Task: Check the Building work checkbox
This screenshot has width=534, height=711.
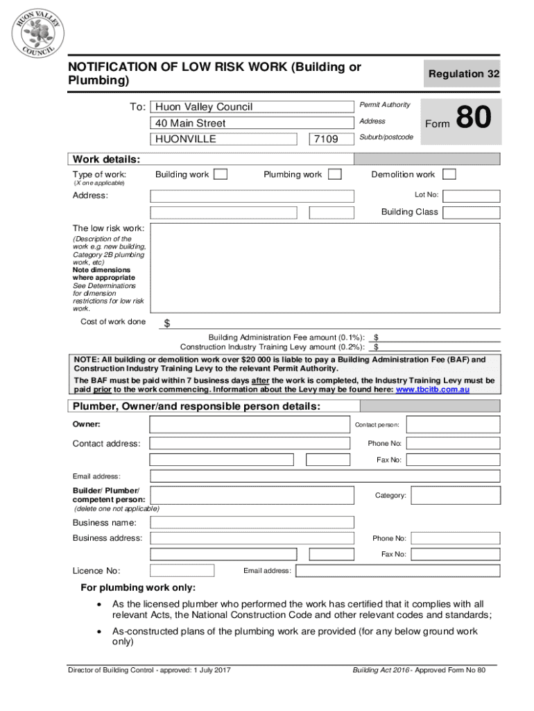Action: pyautogui.click(x=221, y=174)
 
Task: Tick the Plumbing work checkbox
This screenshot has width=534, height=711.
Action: pyautogui.click(x=334, y=174)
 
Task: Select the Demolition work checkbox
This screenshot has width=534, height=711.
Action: pyautogui.click(x=449, y=174)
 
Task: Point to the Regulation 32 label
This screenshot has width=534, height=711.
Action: pyautogui.click(x=464, y=74)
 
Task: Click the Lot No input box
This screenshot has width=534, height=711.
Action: pyautogui.click(x=471, y=196)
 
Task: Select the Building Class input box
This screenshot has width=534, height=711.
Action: pyautogui.click(x=471, y=212)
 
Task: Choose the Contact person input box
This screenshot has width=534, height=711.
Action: pyautogui.click(x=454, y=424)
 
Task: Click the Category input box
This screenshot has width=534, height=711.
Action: pyautogui.click(x=454, y=496)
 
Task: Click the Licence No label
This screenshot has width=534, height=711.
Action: pyautogui.click(x=96, y=571)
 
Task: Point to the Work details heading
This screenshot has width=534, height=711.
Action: pyautogui.click(x=106, y=158)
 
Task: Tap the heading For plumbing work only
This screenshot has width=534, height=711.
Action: pyautogui.click(x=139, y=587)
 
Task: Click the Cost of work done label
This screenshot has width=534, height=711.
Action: pyautogui.click(x=113, y=321)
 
